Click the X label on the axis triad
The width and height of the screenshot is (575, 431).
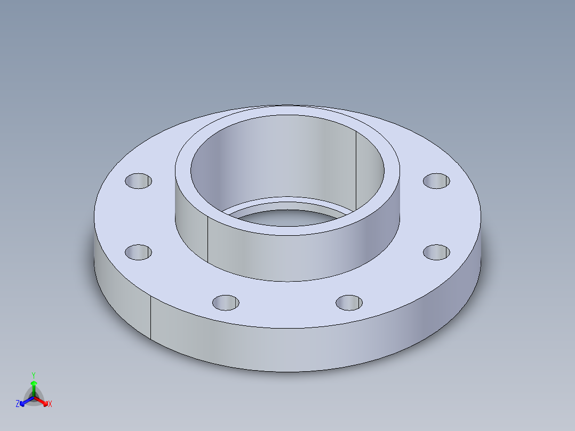click(x=50, y=404)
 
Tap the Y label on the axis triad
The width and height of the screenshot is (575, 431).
click(x=33, y=375)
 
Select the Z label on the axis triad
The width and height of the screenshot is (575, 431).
click(x=18, y=404)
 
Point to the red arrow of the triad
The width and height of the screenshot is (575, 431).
click(x=44, y=401)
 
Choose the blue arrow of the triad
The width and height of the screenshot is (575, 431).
click(x=23, y=402)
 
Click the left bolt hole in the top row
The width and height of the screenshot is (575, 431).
click(x=138, y=180)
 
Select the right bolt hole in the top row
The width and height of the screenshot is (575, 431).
click(x=436, y=180)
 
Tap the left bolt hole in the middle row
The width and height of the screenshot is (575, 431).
click(x=138, y=252)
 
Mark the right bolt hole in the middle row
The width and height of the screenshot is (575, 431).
click(x=436, y=252)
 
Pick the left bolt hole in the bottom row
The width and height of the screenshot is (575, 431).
click(x=226, y=303)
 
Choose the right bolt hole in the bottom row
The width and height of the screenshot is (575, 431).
click(x=349, y=303)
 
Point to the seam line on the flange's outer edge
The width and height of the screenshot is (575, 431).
click(x=150, y=317)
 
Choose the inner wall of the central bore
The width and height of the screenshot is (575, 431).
click(x=277, y=155)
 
